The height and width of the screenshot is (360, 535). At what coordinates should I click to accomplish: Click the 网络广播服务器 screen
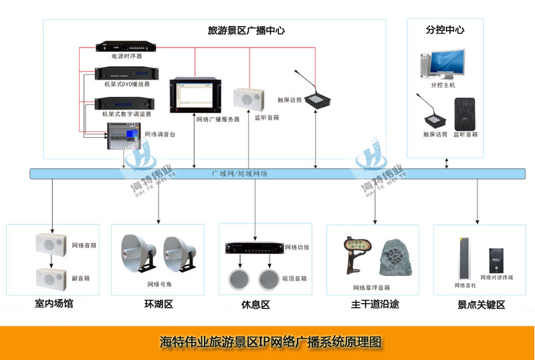[x=194, y=96]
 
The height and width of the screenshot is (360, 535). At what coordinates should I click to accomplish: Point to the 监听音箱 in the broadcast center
[x=246, y=99]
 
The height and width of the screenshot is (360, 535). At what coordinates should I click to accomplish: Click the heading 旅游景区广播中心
[x=247, y=30]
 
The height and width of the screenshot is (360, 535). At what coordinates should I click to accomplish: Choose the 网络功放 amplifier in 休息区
[x=253, y=248]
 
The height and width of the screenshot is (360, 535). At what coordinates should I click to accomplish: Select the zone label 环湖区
[x=158, y=304]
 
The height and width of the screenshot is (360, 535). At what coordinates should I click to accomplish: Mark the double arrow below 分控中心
[x=447, y=164]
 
